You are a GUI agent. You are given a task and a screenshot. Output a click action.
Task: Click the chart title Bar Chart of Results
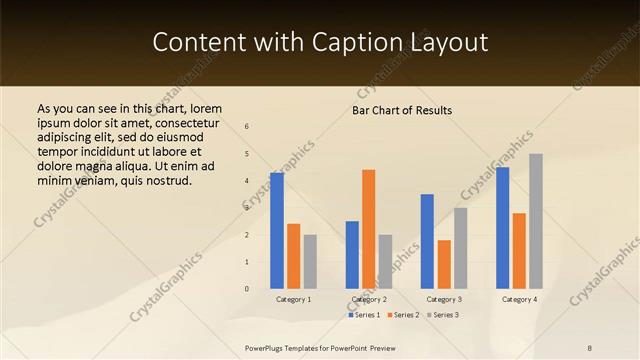(402, 110)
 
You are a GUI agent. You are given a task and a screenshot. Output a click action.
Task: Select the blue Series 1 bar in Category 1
(277, 230)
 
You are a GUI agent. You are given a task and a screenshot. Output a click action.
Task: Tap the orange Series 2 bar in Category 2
(369, 229)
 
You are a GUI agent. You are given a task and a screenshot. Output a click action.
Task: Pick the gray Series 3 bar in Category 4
(536, 221)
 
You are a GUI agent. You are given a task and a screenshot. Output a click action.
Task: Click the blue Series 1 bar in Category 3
(427, 241)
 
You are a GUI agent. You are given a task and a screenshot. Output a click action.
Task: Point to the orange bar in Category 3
(444, 264)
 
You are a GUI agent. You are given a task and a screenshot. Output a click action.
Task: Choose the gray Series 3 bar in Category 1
(310, 261)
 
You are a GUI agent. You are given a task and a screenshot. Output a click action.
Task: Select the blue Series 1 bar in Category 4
(502, 227)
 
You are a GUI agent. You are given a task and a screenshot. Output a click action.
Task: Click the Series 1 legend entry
(365, 315)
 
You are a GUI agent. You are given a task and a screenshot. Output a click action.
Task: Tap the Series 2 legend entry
(403, 315)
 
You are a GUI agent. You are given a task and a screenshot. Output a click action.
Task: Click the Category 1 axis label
(293, 299)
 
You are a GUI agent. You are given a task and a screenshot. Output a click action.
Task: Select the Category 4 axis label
(519, 299)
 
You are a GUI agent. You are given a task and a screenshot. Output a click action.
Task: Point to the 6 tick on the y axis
(247, 126)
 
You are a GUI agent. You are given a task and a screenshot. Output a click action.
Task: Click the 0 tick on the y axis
(247, 289)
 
